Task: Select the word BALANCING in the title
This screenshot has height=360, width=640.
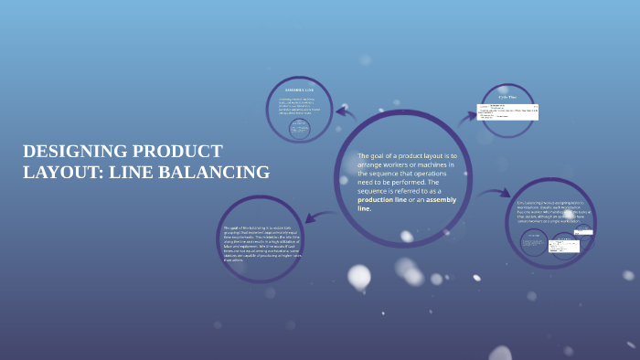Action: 217,172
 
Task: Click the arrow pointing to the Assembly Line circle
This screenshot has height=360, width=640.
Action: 347,112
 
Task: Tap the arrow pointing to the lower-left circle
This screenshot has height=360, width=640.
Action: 321,216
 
